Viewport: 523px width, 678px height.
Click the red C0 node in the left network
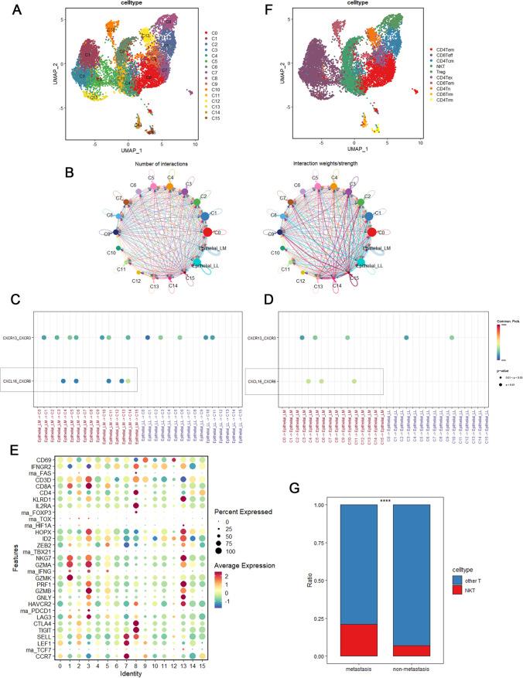[x=207, y=231]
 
